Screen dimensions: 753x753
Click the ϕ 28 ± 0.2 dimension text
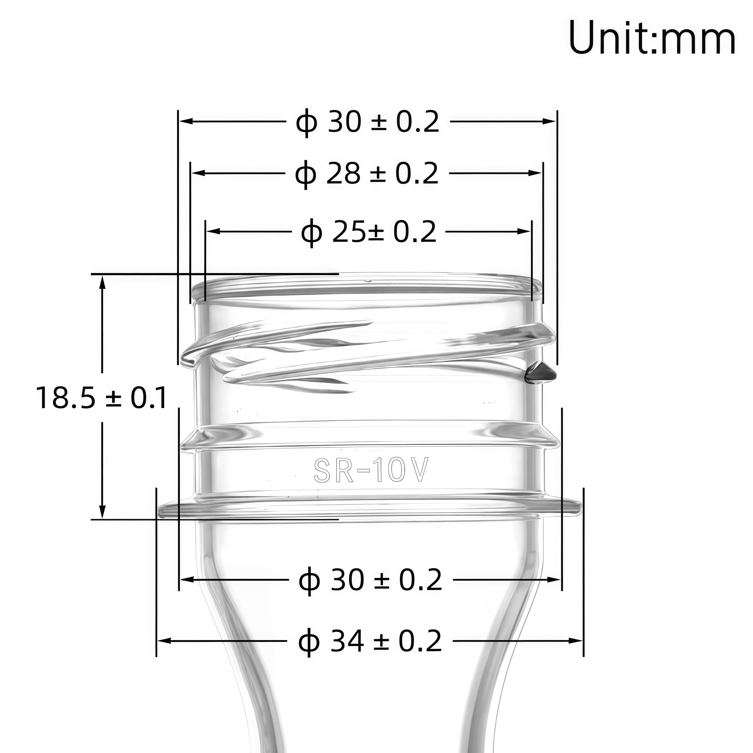pos(367,174)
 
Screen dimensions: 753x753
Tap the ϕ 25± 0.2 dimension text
pos(369,232)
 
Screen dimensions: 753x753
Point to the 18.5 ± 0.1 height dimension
pos(102,398)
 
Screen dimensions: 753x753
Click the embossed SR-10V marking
pos(371,470)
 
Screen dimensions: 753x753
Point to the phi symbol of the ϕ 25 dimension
pos(312,233)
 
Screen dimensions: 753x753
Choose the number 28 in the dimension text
pos(343,174)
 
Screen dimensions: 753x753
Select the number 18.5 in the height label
pos(66,398)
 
